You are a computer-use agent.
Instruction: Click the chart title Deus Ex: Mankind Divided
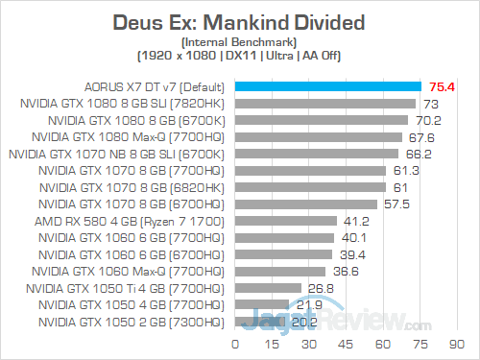point(239,21)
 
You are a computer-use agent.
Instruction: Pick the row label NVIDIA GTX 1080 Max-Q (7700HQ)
point(121,136)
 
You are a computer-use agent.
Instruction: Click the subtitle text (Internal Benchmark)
point(239,42)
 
